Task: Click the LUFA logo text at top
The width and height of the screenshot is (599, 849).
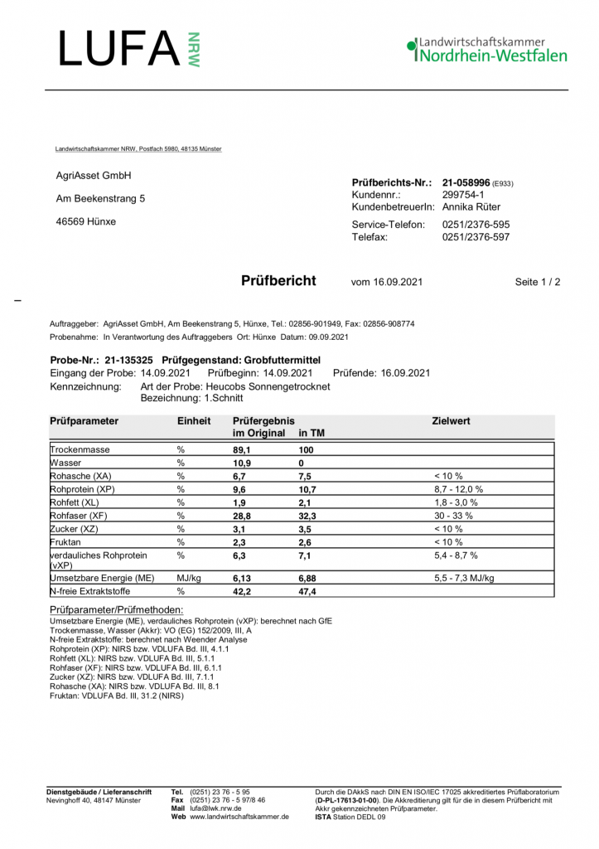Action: point(120,49)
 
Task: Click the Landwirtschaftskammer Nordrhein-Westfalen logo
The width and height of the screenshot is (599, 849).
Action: point(487,50)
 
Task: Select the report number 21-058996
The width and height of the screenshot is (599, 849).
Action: point(466,182)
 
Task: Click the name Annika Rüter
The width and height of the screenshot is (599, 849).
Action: point(471,206)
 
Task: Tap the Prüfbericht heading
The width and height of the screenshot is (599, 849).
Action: point(278,281)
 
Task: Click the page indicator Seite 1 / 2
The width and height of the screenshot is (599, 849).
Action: point(538,282)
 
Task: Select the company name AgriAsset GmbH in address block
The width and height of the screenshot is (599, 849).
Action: point(94,176)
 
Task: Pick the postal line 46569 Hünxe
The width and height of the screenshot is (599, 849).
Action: point(86,221)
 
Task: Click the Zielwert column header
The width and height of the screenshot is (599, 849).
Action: point(452,421)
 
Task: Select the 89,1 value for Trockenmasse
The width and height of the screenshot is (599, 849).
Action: point(241,449)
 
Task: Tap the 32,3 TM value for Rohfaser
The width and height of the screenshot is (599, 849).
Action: point(307,516)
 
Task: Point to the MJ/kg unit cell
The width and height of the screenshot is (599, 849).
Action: point(189,577)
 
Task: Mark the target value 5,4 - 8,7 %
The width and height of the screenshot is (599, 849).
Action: point(456,555)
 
